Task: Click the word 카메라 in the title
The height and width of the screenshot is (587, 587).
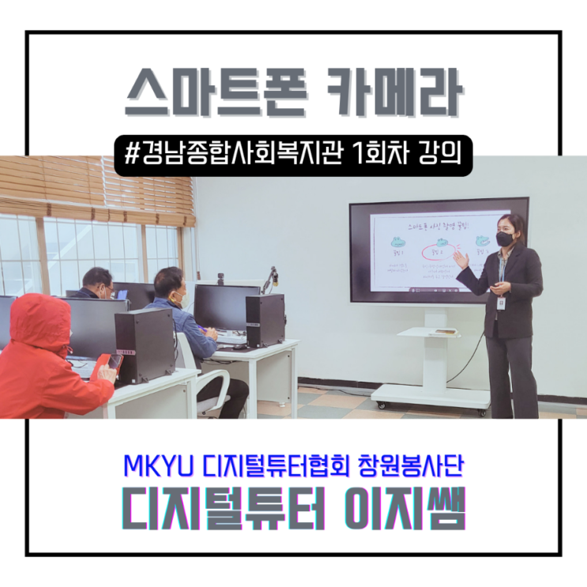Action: (392, 94)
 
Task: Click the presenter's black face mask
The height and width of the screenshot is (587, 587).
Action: (504, 239)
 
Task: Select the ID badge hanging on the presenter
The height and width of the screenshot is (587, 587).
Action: (501, 303)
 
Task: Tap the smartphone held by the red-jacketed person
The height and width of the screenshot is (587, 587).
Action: (115, 360)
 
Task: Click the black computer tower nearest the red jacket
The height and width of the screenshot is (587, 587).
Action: (145, 345)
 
